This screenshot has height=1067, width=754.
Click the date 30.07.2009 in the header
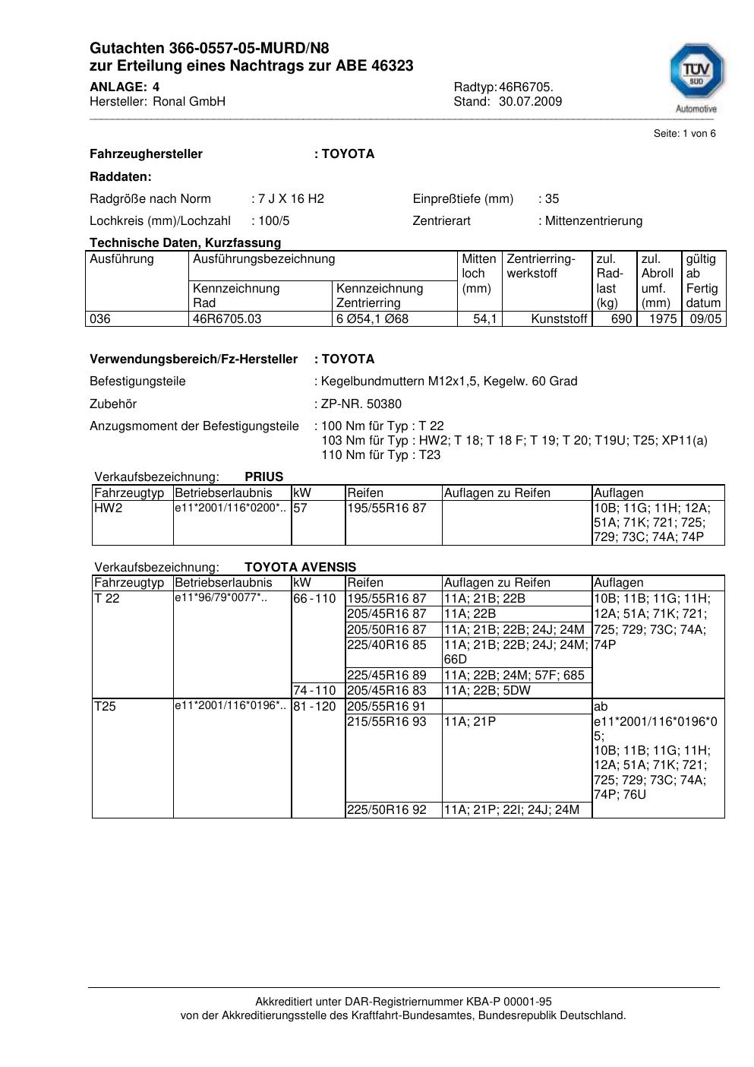point(530,101)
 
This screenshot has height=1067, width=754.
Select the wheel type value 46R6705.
point(526,87)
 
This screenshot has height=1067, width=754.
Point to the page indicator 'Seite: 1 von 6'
point(684,134)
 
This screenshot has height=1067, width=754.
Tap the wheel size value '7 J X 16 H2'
point(291,199)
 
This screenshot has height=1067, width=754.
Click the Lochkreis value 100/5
point(275,221)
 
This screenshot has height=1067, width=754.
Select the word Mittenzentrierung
point(594,221)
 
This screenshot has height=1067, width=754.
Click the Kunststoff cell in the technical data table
point(560,319)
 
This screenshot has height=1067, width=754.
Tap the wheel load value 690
point(621,319)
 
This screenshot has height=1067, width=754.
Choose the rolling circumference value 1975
point(663,319)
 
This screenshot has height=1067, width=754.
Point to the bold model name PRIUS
point(263,477)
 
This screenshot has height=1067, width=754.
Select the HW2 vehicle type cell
point(108,508)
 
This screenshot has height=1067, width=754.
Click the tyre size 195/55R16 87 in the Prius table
point(386,508)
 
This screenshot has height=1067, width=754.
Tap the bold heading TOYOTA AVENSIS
point(300,567)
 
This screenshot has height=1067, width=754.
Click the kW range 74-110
point(314,691)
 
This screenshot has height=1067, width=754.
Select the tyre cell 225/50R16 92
point(386,810)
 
